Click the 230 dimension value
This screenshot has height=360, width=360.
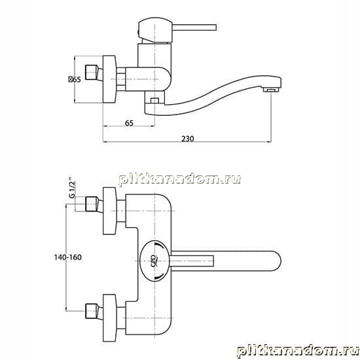point(188,139)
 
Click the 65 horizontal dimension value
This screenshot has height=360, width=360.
point(129,123)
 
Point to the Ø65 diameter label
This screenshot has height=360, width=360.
point(75,79)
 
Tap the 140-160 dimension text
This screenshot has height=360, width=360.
point(67,257)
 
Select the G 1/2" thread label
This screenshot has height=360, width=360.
point(72,187)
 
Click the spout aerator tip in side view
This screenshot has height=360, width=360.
point(271,90)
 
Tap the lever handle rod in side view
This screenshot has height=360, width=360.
point(194,27)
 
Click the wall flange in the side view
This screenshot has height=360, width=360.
point(109,79)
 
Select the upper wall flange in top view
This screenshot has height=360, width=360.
point(110,211)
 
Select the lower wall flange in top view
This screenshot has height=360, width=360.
point(110,318)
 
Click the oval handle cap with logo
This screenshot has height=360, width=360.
point(154,261)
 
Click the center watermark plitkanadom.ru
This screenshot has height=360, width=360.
point(179,179)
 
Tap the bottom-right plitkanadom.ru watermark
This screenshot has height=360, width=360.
point(298,351)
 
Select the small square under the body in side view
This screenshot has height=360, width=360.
point(154,100)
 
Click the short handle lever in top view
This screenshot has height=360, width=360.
point(192,261)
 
